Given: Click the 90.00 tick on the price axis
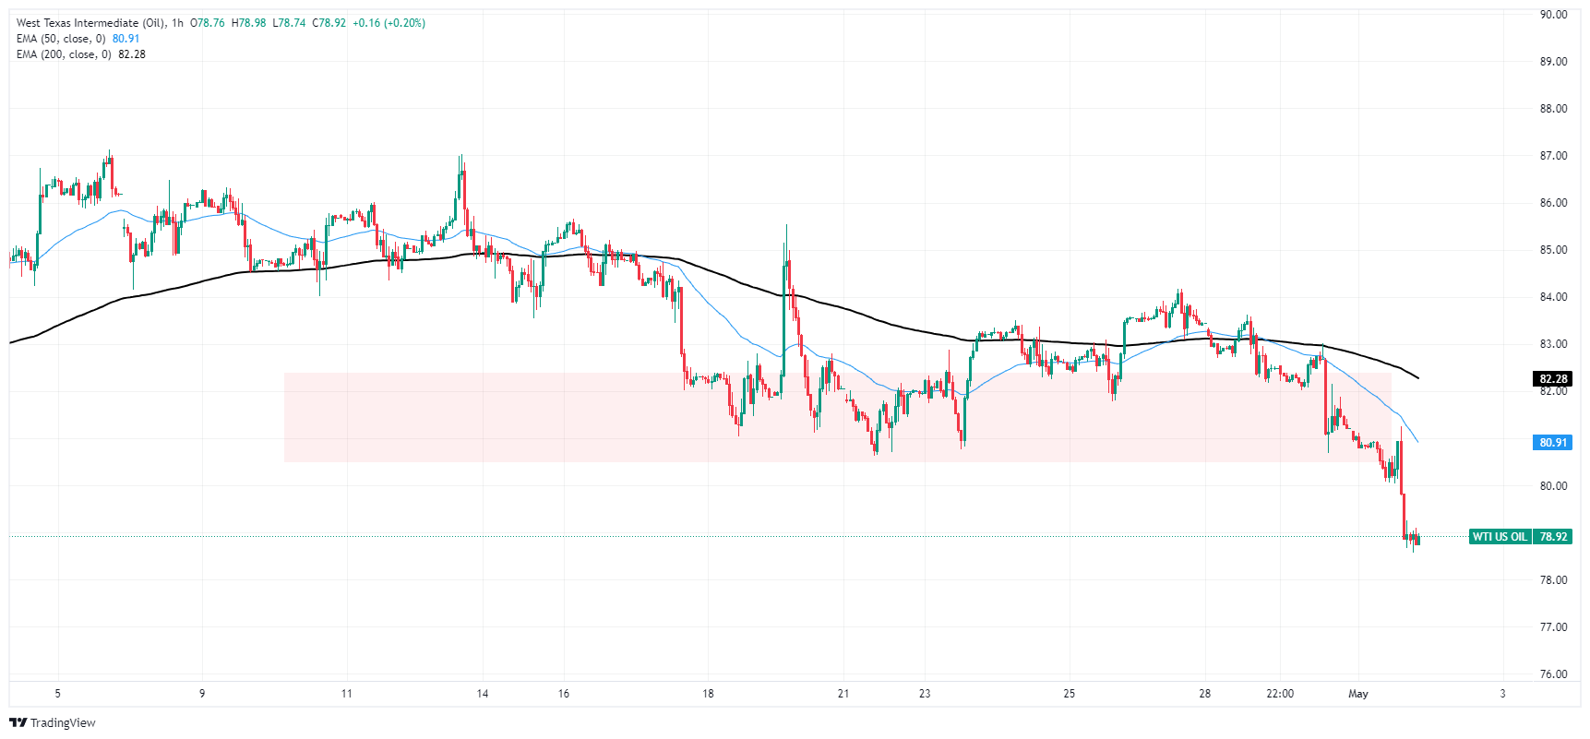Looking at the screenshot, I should tap(1553, 15).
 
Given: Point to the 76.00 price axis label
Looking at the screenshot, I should tap(1553, 674).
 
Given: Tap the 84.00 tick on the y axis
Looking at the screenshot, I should tap(1553, 297).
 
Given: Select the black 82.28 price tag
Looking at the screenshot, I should tap(1553, 378).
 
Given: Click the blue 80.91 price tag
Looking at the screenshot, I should tap(1553, 443).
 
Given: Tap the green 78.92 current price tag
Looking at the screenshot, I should tap(1553, 537).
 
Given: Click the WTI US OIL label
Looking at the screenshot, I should tap(1500, 537).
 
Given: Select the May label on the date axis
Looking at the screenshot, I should tap(1357, 694).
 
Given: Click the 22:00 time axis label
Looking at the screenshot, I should tap(1280, 694).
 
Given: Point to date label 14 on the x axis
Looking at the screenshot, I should tap(483, 694).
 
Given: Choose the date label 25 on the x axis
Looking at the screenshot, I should tap(1070, 694).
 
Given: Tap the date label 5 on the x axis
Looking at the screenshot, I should tap(58, 694).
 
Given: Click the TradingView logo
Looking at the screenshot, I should tap(53, 722).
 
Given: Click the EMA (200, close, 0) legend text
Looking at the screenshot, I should tap(64, 54).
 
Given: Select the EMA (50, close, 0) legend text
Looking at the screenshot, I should tap(61, 39).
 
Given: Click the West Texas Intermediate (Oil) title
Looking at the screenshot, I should tap(90, 23).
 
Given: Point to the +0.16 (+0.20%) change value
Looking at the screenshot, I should tap(389, 23).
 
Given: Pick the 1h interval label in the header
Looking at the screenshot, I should tap(177, 23).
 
